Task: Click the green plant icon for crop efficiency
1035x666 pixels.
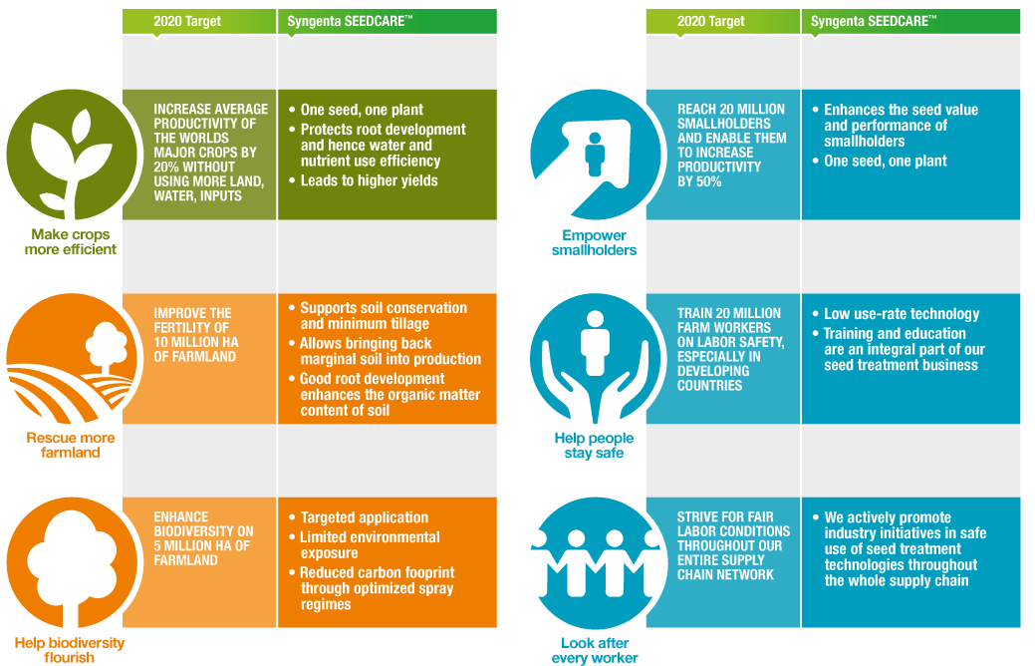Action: pos(72,155)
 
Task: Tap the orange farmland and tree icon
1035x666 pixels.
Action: pos(72,359)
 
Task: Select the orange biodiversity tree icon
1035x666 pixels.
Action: pos(72,562)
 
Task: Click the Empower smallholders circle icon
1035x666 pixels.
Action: pos(595,155)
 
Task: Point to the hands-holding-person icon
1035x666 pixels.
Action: pos(595,359)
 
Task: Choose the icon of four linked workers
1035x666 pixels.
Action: pos(595,562)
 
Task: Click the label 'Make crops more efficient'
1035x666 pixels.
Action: pos(71,242)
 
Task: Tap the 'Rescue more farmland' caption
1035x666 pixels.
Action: pos(71,446)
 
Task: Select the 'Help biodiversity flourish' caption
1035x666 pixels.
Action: pos(70,650)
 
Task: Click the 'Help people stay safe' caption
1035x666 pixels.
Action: pos(594,446)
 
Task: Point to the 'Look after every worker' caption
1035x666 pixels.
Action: pos(595,650)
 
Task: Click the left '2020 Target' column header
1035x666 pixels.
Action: pos(187,21)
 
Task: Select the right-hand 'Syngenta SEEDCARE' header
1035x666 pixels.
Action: pos(874,21)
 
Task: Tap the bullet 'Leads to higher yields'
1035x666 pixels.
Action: pos(363,180)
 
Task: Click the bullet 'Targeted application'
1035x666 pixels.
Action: pos(359,517)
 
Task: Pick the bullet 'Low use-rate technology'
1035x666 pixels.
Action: pos(896,314)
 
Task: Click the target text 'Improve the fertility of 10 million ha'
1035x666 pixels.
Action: pos(196,335)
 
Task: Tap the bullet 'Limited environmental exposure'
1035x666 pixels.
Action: pos(365,545)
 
